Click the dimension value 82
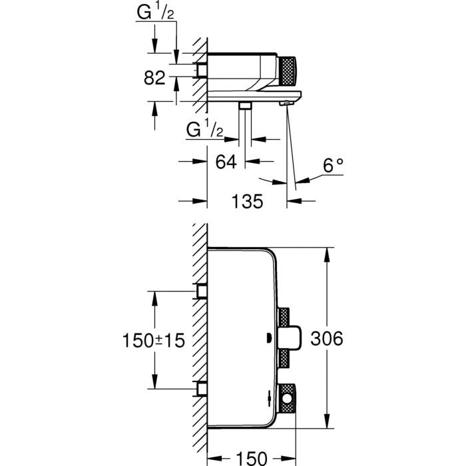154,78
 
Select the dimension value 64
226,162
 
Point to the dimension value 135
246,200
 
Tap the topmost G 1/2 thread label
154,12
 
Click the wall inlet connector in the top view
201,70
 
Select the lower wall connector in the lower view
201,388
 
